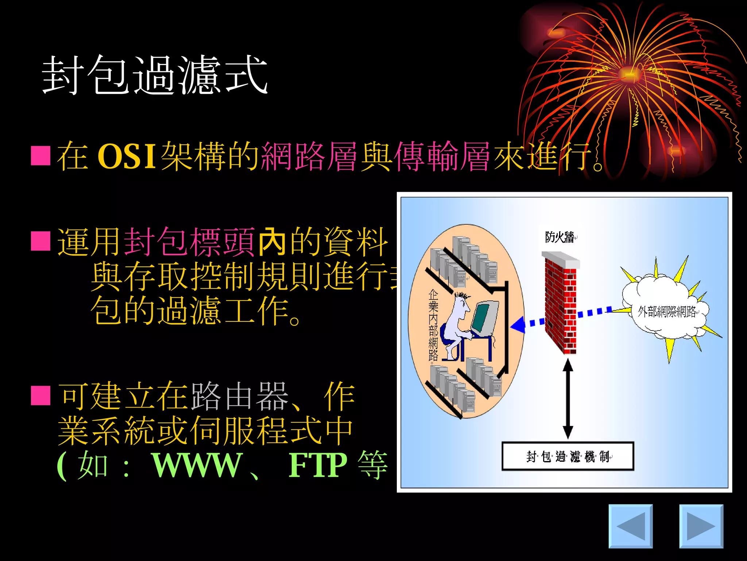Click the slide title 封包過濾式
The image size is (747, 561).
[x=155, y=75]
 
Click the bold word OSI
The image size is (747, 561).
[x=127, y=156]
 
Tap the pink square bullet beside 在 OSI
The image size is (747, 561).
[x=40, y=156]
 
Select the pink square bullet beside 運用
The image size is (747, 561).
[x=40, y=241]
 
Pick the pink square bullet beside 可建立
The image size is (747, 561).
[x=40, y=396]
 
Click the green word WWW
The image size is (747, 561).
[x=197, y=465]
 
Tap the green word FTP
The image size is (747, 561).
[x=317, y=465]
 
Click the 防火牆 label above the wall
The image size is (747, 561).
[x=559, y=237]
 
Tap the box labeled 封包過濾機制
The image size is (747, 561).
[x=568, y=456]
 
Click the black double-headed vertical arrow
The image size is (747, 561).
[x=568, y=399]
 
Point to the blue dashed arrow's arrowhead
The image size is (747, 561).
[x=518, y=325]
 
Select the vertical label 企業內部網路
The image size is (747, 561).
[x=433, y=325]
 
